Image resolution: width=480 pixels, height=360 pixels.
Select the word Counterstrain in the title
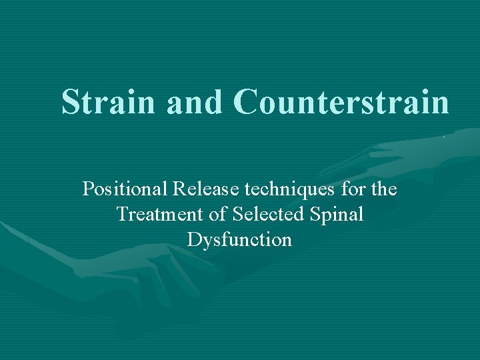tap(342, 103)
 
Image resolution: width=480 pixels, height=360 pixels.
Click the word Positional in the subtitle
tap(125, 190)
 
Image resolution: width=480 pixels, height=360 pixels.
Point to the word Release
tap(207, 190)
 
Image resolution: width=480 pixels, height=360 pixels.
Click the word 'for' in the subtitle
tap(352, 190)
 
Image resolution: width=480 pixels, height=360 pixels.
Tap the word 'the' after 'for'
tap(384, 190)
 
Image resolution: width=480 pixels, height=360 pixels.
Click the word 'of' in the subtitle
tap(220, 215)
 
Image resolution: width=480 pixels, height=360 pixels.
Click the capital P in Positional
tap(88, 190)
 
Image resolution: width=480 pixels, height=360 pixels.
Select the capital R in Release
tap(179, 190)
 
